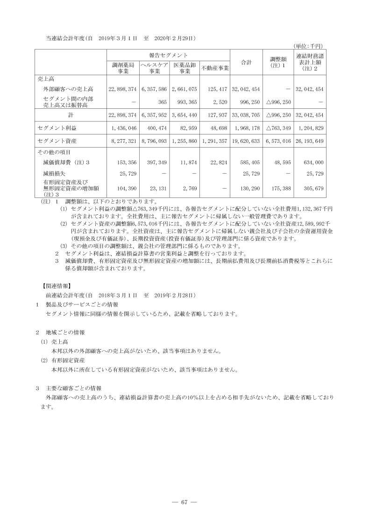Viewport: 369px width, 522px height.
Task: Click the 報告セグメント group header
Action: tap(169, 55)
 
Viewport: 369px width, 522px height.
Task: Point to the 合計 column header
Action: tap(246, 62)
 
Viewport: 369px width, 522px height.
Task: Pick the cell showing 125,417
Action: tap(217, 89)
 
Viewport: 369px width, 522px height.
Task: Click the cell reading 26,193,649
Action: tap(310, 141)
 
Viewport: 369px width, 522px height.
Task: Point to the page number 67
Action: tap(184, 502)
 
